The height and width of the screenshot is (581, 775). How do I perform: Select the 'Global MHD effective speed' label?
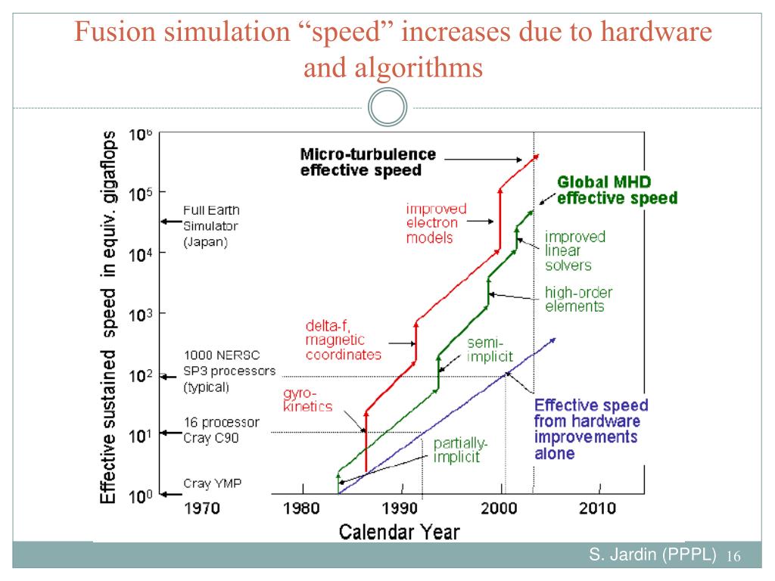617,190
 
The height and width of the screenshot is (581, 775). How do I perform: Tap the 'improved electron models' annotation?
436,222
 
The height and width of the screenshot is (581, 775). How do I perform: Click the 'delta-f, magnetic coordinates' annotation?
343,340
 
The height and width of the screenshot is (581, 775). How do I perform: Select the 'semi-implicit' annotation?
490,350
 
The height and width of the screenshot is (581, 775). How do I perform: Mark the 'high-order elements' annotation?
578,300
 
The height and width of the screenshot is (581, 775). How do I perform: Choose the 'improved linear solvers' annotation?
575,250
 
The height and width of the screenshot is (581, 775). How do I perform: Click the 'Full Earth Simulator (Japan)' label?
212,225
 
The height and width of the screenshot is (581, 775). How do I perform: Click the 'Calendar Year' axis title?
399,531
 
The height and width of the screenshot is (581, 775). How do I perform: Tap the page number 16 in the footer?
732,557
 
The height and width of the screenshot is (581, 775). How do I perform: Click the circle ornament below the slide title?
387,110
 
